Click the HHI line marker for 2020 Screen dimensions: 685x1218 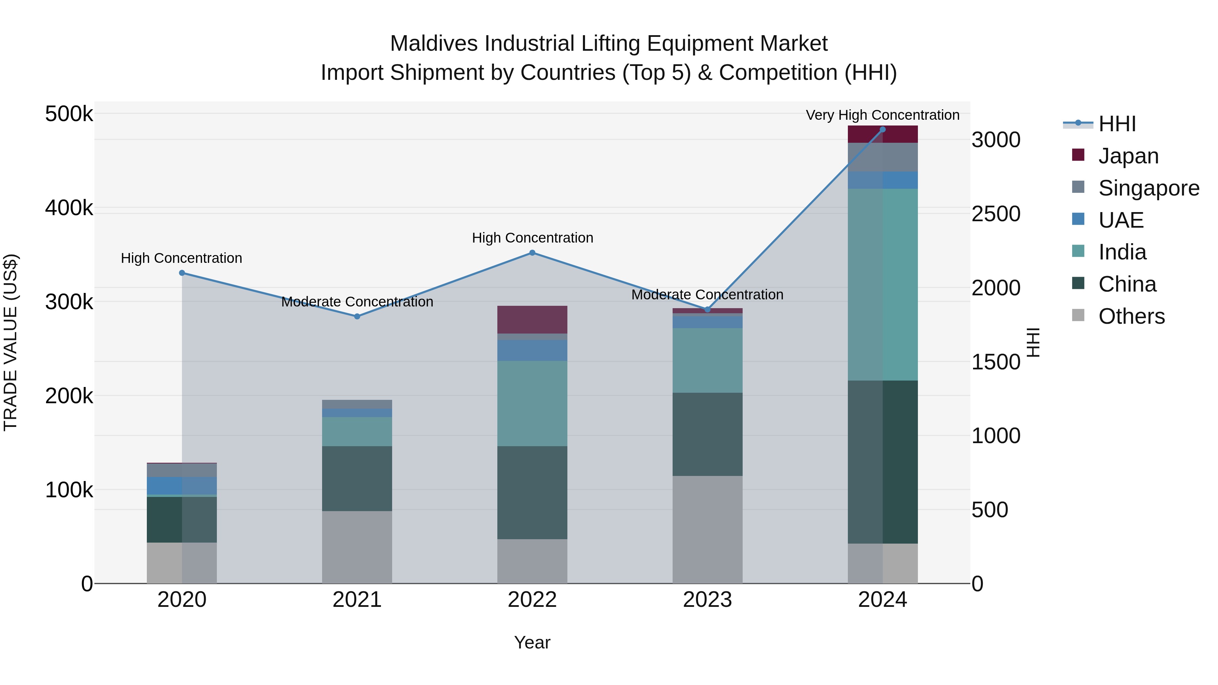point(182,273)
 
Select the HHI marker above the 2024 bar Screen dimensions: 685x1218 point(882,130)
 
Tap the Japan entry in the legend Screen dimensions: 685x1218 point(1128,156)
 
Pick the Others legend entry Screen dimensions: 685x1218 point(1131,316)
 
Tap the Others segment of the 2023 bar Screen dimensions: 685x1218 point(707,529)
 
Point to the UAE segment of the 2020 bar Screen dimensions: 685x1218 point(182,485)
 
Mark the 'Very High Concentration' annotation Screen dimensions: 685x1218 point(882,115)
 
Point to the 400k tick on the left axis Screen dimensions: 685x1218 point(69,208)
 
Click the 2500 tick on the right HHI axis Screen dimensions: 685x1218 point(996,214)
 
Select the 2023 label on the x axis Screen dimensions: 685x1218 point(707,600)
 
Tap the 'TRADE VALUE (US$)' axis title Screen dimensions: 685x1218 point(10,342)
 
